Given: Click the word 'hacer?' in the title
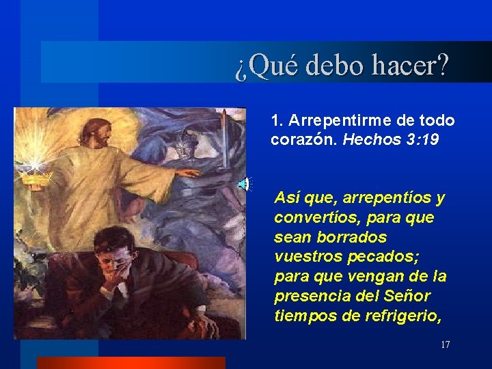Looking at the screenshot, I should (410, 66).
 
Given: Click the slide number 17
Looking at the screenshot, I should (445, 344).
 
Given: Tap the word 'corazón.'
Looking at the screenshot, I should (304, 140).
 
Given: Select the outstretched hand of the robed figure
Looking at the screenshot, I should (188, 172).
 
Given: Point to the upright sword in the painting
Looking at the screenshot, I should (223, 137).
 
